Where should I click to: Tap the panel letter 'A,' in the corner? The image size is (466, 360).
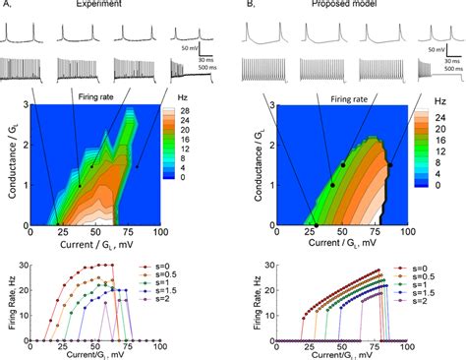(7, 4)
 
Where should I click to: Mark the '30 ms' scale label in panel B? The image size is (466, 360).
(440, 61)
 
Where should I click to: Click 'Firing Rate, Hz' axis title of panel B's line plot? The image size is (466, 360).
(258, 302)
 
